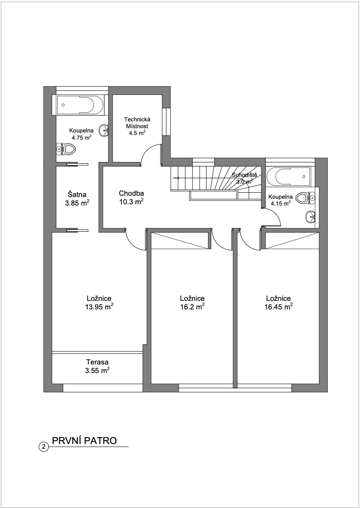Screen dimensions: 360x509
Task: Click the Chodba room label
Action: [131, 194]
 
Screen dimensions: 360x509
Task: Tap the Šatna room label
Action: [77, 195]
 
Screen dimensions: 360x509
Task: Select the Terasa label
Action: [97, 362]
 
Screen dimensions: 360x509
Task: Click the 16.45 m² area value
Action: [278, 307]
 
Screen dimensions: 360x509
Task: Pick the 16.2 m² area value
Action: [192, 307]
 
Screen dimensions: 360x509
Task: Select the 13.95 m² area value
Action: [99, 307]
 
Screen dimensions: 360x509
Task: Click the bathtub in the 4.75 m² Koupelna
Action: [80, 105]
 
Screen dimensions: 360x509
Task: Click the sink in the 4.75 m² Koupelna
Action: [104, 130]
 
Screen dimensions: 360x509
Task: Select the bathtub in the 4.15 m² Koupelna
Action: [286, 177]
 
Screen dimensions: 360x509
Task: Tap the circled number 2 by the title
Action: [43, 447]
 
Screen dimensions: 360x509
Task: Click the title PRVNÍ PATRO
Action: [84, 441]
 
